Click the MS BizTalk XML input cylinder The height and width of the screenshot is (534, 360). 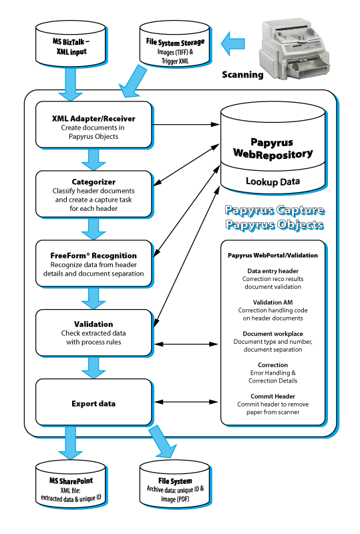coord(71,43)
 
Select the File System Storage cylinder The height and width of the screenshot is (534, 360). coord(174,43)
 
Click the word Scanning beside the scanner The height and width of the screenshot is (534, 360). coord(242,75)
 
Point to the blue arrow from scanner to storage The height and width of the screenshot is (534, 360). coord(233,43)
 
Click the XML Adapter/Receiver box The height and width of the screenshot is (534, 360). coord(94,125)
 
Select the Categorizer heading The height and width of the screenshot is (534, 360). coord(94,182)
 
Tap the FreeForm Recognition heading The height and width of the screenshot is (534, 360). coord(94,256)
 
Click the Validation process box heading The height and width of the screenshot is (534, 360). coord(94,324)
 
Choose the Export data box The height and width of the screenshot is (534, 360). coord(94,403)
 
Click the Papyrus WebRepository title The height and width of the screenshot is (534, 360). coord(273,148)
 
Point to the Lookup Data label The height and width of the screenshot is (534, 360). coord(273,181)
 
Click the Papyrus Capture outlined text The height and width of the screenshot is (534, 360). coord(275,210)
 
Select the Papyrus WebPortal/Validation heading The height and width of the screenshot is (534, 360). coord(273,255)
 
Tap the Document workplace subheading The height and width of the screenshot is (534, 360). coord(273,334)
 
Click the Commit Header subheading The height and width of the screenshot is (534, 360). coord(273,396)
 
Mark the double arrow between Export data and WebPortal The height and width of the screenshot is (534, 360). coord(186,402)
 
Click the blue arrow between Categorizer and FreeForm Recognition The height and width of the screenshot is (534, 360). coord(94,229)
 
